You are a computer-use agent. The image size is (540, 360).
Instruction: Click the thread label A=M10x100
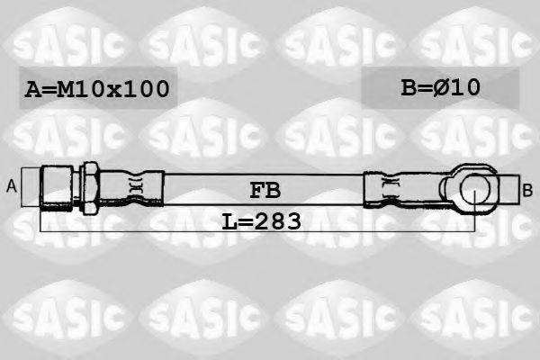point(96,89)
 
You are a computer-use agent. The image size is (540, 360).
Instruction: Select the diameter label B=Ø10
point(440,87)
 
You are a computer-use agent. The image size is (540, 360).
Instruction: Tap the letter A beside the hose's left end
point(13,186)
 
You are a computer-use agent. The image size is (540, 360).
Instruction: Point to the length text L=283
point(261,220)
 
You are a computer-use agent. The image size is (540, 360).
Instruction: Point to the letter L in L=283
point(229,220)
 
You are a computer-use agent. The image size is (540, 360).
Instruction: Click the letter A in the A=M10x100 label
point(33,89)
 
